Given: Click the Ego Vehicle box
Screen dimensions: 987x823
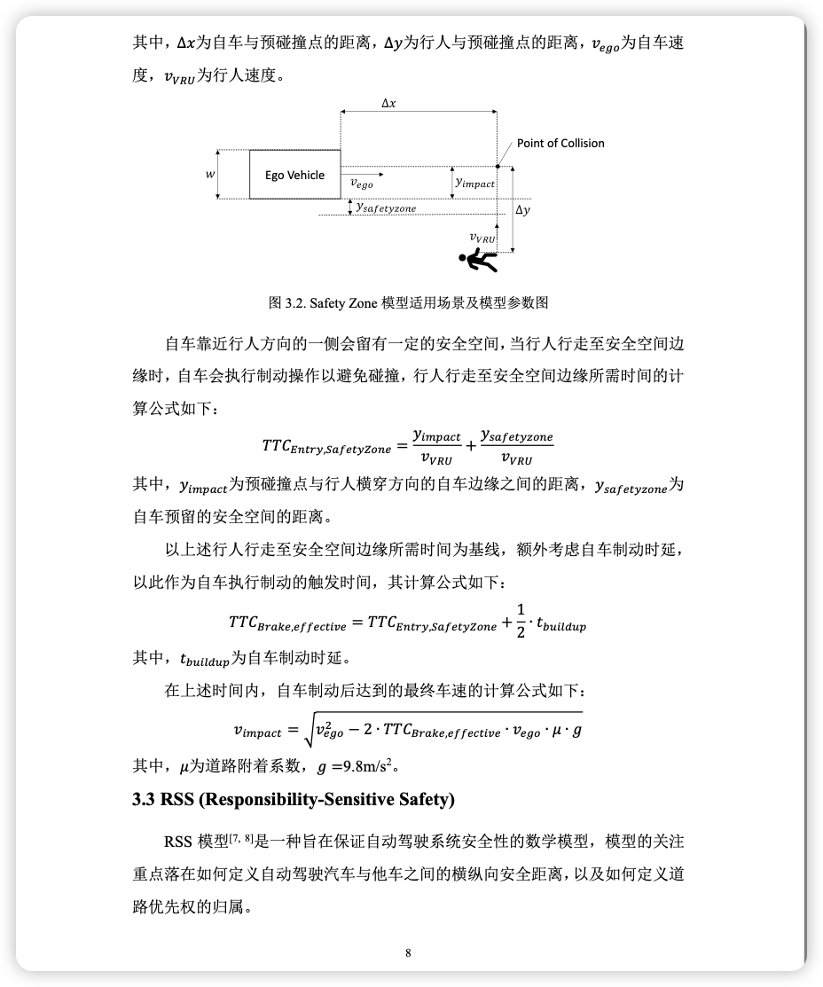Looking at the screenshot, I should [x=294, y=175].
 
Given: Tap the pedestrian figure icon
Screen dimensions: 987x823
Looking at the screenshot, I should [x=476, y=260].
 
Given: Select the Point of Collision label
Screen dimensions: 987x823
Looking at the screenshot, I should [x=560, y=143].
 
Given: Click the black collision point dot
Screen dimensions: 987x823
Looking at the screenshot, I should [x=498, y=165].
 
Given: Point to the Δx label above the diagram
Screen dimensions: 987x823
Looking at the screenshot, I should [x=388, y=103].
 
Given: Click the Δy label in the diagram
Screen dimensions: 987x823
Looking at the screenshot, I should [x=523, y=210].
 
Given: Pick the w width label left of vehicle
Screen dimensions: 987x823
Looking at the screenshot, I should [x=210, y=175].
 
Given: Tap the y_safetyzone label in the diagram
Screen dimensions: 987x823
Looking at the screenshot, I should [x=386, y=208].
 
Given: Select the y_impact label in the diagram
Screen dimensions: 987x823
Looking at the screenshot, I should [x=474, y=182].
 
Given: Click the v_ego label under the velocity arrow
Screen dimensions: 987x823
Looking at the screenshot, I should [x=362, y=184].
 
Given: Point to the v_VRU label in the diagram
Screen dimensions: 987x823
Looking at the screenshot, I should [x=482, y=237].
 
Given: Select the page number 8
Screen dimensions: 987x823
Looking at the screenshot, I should [x=408, y=952].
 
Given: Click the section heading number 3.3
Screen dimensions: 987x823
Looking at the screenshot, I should [x=144, y=799].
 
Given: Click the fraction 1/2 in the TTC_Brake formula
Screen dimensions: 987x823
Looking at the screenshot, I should [x=521, y=620].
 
